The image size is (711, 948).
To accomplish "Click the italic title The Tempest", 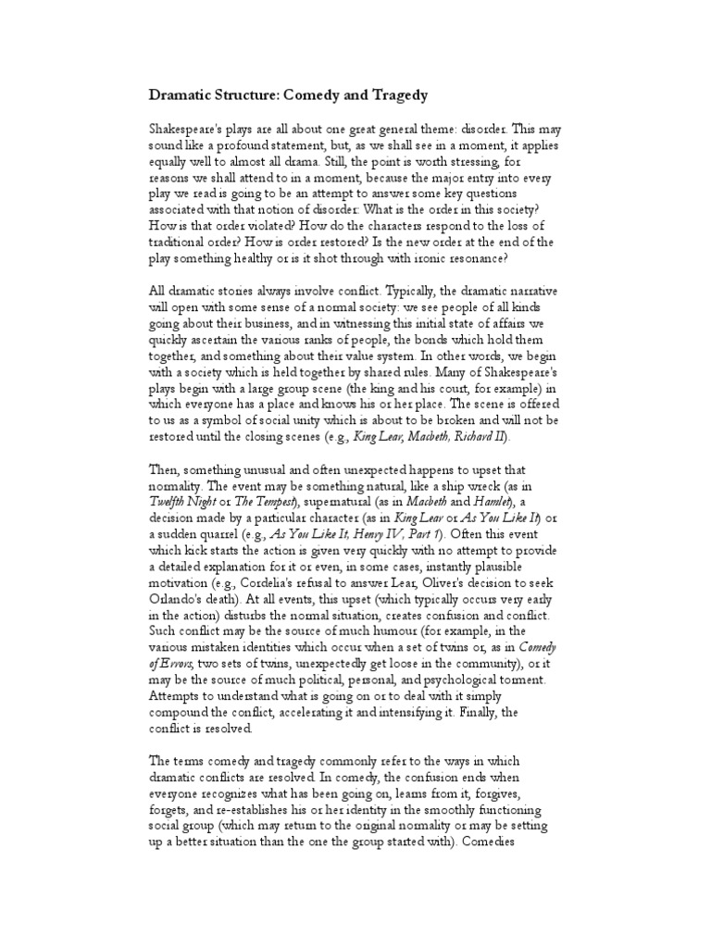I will (x=267, y=499).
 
